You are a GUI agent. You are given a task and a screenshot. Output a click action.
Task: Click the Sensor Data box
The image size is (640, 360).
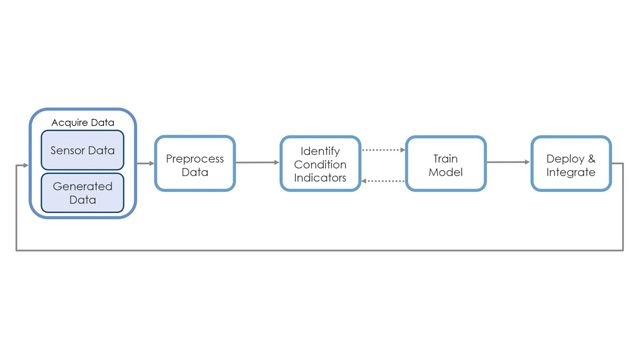82,150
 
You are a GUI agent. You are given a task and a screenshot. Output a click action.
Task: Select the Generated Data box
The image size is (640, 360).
82,193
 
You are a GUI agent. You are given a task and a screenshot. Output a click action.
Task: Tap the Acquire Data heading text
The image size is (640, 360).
81,120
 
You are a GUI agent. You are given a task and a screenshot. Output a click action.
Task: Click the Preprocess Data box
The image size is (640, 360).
195,164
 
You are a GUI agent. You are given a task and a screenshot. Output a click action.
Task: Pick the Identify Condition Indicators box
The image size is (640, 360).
319,164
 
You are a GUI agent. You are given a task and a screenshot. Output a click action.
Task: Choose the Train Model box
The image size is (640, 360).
445,164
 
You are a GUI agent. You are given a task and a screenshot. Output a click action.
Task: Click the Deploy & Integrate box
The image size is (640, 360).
571,164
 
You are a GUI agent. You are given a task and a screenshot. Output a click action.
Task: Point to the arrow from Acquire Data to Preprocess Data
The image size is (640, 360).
145,164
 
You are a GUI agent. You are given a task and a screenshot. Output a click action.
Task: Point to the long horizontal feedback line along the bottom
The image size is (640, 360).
320,250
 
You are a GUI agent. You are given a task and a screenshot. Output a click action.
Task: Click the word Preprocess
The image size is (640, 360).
195,158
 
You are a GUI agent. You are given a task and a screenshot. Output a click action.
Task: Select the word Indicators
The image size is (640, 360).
319,179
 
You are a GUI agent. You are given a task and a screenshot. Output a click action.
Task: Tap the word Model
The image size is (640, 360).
445,172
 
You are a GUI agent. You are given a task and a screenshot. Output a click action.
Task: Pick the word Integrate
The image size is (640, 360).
571,172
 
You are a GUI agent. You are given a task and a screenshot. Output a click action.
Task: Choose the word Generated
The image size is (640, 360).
82,186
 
